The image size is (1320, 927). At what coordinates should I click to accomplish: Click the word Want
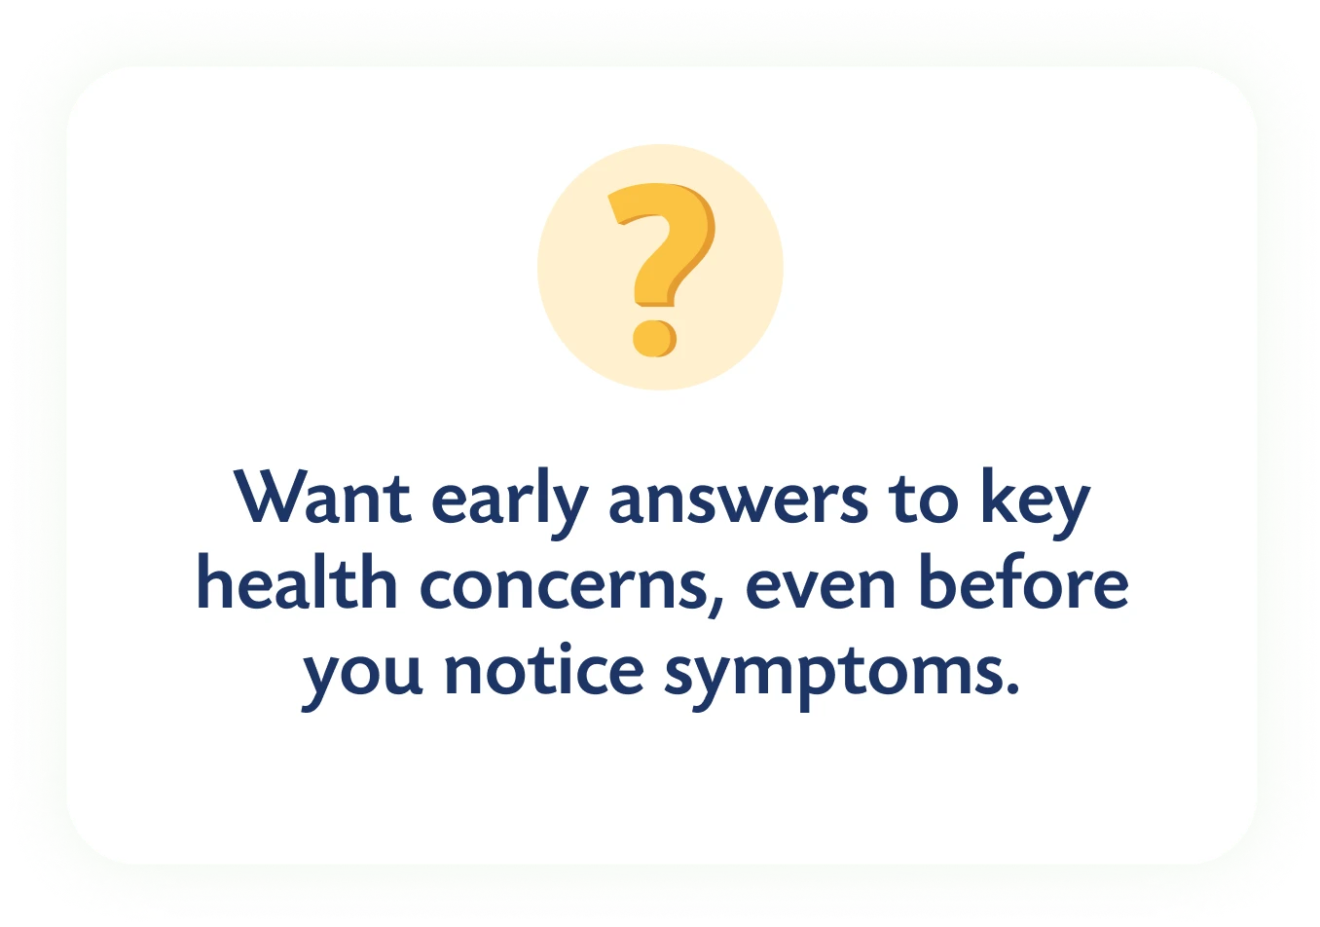pos(322,497)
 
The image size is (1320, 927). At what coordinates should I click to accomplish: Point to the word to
pos(924,500)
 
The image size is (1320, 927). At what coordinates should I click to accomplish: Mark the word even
pos(821,587)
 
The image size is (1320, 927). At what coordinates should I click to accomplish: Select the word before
pos(1024,580)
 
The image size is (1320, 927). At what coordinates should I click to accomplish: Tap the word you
pos(362,680)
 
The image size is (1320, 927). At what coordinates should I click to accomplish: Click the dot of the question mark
pos(655,339)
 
